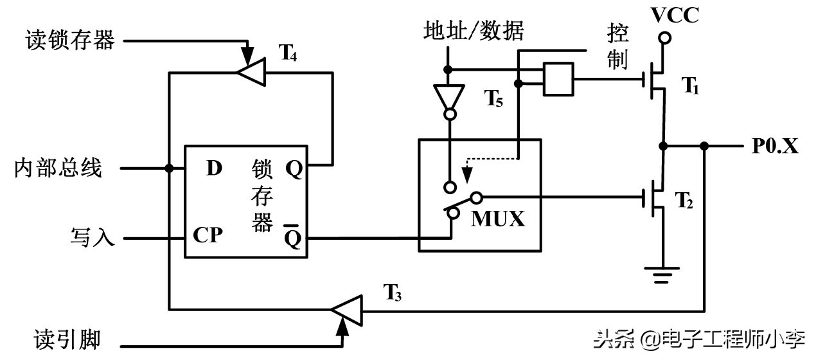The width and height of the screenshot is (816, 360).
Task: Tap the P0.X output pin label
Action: pyautogui.click(x=775, y=147)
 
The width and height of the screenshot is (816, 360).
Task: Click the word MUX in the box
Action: pyautogui.click(x=498, y=219)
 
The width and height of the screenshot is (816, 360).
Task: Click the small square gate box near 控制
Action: pyautogui.click(x=558, y=79)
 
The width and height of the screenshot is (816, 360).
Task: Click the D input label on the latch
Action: pyautogui.click(x=214, y=169)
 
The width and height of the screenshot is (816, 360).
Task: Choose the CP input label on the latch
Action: pyautogui.click(x=208, y=236)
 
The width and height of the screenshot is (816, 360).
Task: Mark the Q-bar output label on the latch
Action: pyautogui.click(x=293, y=237)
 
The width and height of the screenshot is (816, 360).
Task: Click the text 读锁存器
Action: pyautogui.click(x=70, y=40)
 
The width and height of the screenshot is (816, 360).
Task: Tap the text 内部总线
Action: pyautogui.click(x=58, y=169)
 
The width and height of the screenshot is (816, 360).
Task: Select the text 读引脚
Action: pyautogui.click(x=67, y=339)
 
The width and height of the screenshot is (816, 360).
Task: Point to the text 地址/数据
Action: pyautogui.click(x=474, y=30)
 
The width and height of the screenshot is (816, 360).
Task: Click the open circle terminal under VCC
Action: pyautogui.click(x=666, y=39)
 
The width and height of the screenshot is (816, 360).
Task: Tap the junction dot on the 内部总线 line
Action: pyautogui.click(x=169, y=169)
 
